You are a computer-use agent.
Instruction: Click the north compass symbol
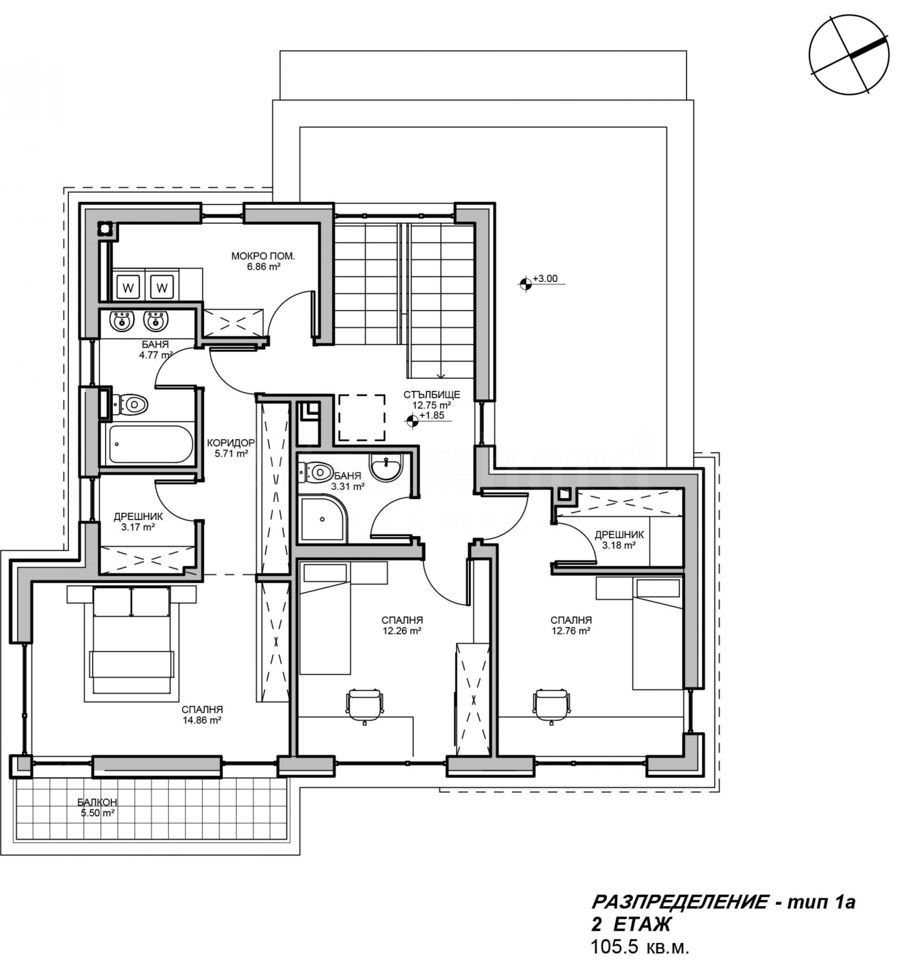pos(849,54)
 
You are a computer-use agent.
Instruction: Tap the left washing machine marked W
pos(128,288)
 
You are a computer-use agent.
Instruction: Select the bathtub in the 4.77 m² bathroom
pos(150,445)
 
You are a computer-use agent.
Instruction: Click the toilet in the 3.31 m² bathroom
pos(316,472)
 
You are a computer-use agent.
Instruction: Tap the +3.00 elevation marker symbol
pos(525,283)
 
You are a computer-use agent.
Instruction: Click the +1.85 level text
pos(432,415)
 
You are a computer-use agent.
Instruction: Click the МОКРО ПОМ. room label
pos(263,256)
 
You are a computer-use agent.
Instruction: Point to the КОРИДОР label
pos(231,442)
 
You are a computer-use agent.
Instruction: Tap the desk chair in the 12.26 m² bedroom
pos(364,705)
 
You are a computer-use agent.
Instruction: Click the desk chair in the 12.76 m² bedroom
pos(551,705)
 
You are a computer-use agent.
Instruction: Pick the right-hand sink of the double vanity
pos(155,320)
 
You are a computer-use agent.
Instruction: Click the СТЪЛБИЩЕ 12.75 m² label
pos(432,400)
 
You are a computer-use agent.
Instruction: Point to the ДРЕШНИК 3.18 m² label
pos(619,540)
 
